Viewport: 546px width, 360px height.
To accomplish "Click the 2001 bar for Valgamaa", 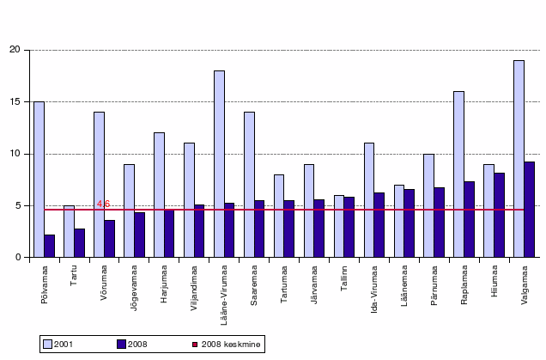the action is pos(519,159).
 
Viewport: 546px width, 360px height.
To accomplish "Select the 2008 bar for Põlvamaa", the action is pos(50,246).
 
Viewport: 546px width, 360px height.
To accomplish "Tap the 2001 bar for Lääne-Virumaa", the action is pos(219,164).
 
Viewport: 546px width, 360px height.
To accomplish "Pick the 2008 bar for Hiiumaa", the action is pos(499,215).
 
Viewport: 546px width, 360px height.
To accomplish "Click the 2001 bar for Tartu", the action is pos(69,231).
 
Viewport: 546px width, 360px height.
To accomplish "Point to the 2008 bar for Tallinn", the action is pos(349,227).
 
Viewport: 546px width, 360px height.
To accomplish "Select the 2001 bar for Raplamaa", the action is pos(459,174).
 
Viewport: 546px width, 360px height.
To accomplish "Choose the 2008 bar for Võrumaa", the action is pos(109,239).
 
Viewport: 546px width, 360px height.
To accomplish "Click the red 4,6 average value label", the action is pos(103,204).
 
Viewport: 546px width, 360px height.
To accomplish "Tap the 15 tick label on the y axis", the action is pos(15,101).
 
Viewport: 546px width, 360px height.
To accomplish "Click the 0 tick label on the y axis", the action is pos(18,257).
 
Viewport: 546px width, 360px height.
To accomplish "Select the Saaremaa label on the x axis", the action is pos(253,285).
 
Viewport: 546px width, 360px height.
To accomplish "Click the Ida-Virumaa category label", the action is pos(374,290).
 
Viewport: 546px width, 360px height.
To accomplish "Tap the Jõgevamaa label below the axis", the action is pos(134,288).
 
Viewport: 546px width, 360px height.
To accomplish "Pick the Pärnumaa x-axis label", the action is pos(434,285).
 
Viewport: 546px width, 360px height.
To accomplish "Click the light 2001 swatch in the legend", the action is pos(47,345).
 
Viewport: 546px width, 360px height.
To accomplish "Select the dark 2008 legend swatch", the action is pos(121,345).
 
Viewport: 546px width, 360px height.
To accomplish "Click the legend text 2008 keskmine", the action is pos(231,345).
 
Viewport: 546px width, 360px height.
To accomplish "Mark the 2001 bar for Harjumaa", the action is pos(159,195).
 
